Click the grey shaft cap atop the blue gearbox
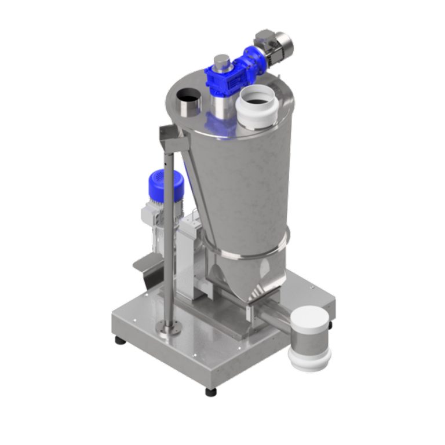pyautogui.click(x=221, y=61)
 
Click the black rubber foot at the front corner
pyautogui.click(x=211, y=392)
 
